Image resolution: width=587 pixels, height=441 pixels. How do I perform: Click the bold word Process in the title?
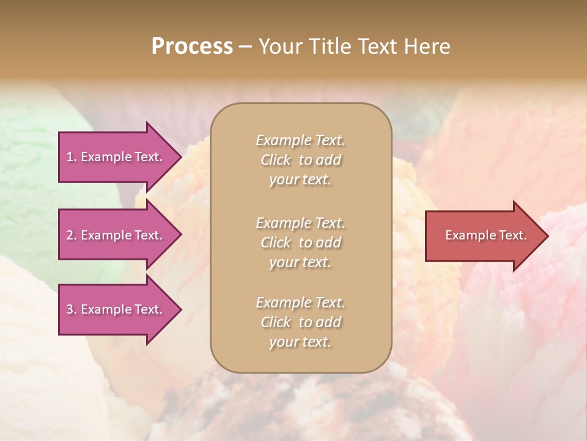click(x=192, y=46)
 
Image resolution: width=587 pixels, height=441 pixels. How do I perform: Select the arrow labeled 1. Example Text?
click(x=116, y=157)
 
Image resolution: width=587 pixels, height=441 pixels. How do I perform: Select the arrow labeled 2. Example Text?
click(x=116, y=235)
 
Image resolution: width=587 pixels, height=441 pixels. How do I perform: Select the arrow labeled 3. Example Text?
click(x=116, y=309)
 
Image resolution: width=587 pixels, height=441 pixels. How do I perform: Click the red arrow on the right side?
click(x=483, y=235)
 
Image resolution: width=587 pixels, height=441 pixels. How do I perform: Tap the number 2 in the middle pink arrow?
click(x=69, y=235)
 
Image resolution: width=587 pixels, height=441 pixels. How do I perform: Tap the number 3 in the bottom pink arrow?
click(x=69, y=309)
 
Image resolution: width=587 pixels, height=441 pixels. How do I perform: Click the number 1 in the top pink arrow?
click(x=69, y=157)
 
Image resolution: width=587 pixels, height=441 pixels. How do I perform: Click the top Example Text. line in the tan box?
click(x=300, y=140)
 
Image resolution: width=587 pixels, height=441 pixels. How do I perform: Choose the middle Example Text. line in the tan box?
click(x=300, y=222)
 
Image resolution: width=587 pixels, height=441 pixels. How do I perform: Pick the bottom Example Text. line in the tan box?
click(x=300, y=303)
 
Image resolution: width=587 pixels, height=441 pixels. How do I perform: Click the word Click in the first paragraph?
click(x=275, y=160)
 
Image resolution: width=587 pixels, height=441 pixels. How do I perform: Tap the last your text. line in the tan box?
click(x=300, y=342)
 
